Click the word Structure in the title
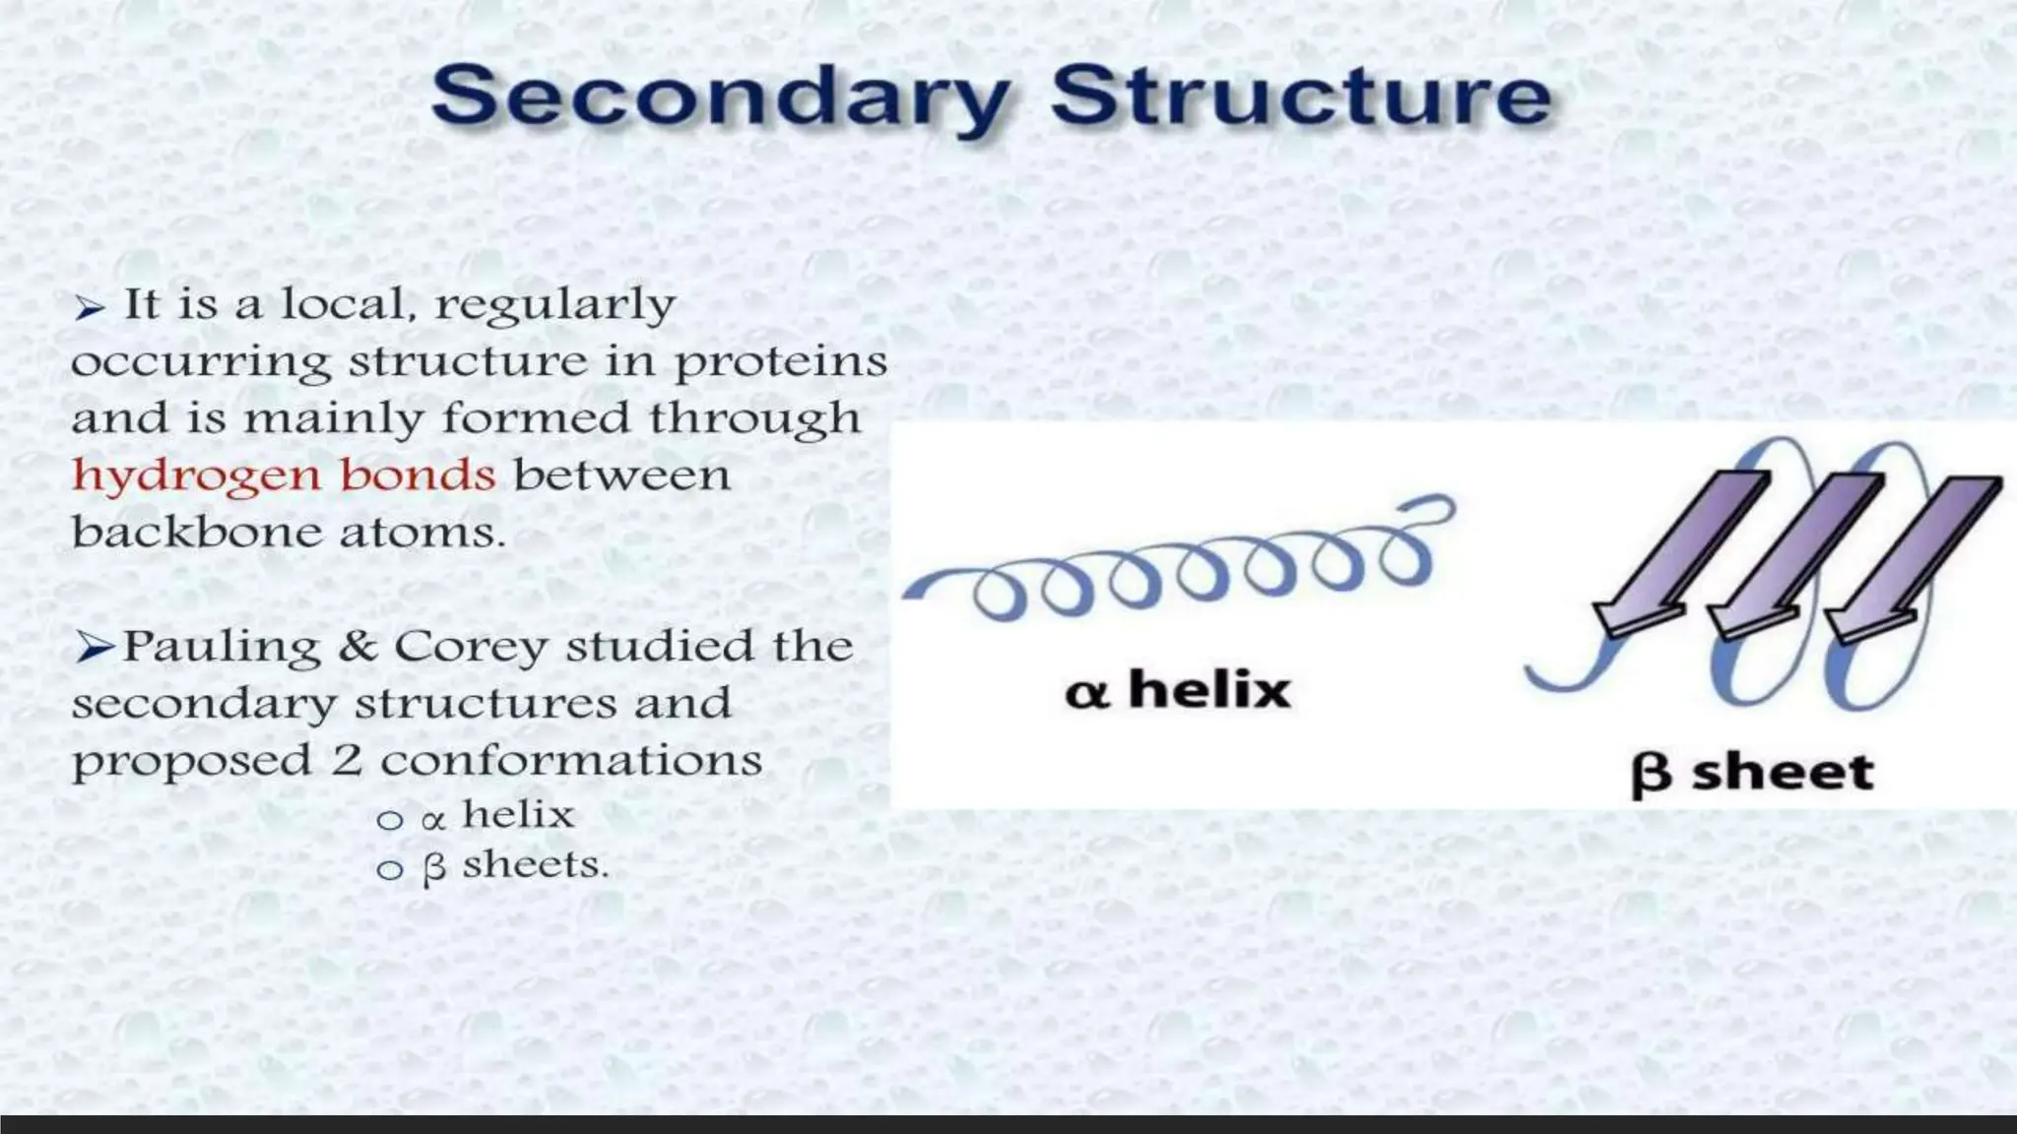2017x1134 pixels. pyautogui.click(x=1300, y=96)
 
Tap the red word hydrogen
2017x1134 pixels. pyautogui.click(x=196, y=477)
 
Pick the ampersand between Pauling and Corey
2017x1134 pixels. pyautogui.click(x=357, y=648)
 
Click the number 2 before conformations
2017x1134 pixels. pyautogui.click(x=346, y=761)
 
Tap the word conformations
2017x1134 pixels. pyautogui.click(x=571, y=761)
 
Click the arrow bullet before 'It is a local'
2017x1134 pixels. pyautogui.click(x=89, y=308)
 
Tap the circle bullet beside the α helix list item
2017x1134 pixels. pyautogui.click(x=390, y=820)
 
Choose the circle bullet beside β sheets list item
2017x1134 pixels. pyautogui.click(x=390, y=869)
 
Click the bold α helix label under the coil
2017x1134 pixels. pyautogui.click(x=1178, y=690)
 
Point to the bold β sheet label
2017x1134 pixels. pyautogui.click(x=1752, y=773)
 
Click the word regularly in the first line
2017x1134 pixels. pyautogui.click(x=555, y=305)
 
